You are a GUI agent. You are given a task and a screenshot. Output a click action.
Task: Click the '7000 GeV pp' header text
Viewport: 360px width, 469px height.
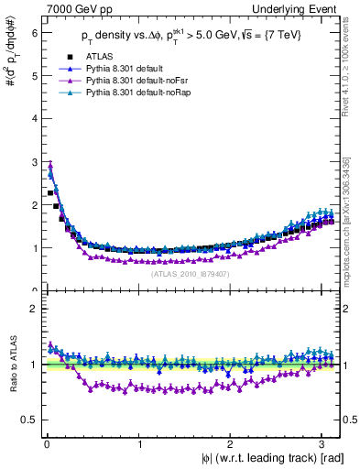click(x=71, y=9)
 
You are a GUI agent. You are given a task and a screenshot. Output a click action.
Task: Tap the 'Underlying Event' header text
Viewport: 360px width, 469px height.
click(x=295, y=9)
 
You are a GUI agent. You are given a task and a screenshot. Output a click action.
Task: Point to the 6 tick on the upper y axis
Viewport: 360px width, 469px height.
click(x=33, y=32)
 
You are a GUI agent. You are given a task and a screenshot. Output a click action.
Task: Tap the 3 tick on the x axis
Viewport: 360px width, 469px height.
click(x=323, y=443)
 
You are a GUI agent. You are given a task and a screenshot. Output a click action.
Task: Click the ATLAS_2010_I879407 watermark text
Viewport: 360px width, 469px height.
click(x=190, y=273)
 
